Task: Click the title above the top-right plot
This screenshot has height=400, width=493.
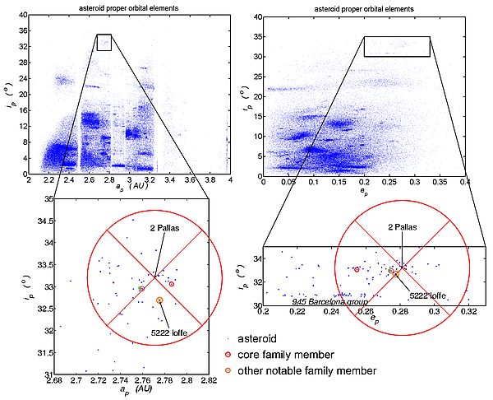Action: (x=364, y=8)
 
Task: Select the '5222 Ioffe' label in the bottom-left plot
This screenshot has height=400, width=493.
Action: (x=168, y=331)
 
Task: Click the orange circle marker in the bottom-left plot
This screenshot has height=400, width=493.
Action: (x=159, y=300)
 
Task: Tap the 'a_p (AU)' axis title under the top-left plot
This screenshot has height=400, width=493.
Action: (x=129, y=189)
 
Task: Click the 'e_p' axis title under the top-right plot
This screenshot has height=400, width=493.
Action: (x=364, y=191)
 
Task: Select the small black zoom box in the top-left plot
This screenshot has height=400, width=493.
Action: (x=104, y=43)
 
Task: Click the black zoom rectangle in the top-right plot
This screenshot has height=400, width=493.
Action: (x=397, y=46)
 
